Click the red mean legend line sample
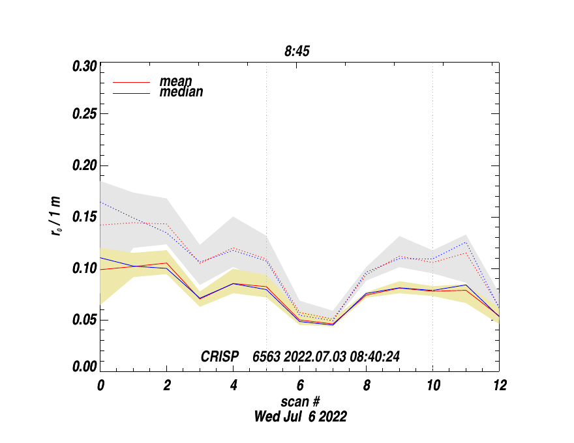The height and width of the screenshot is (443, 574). [132, 83]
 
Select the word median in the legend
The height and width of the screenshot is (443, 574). [181, 93]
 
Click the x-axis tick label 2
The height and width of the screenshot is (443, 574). [167, 386]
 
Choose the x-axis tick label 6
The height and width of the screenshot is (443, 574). [300, 386]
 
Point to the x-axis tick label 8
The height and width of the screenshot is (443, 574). [367, 386]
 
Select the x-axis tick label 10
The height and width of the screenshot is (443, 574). [432, 386]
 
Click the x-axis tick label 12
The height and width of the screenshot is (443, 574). [499, 386]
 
